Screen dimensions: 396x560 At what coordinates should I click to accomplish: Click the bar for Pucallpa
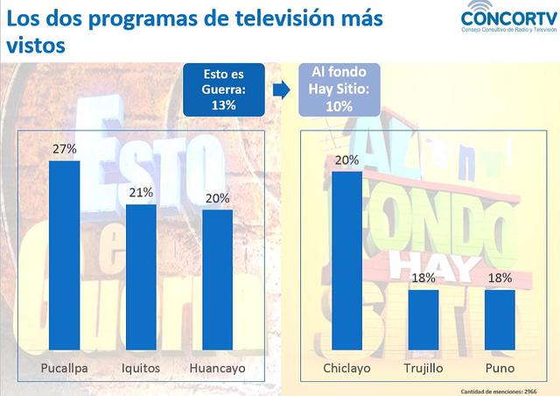coord(64,254)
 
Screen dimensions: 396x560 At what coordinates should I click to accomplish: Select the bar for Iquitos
coord(141,276)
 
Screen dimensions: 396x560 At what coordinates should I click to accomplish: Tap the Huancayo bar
coord(217,279)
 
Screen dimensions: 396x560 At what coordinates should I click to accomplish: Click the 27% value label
coord(64,149)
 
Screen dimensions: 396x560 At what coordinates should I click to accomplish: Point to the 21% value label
coord(141,192)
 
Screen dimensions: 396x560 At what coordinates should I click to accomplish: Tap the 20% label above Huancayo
coord(217,198)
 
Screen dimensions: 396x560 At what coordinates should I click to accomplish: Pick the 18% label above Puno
coord(500,278)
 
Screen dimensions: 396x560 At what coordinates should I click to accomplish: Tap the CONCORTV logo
coord(508,22)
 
